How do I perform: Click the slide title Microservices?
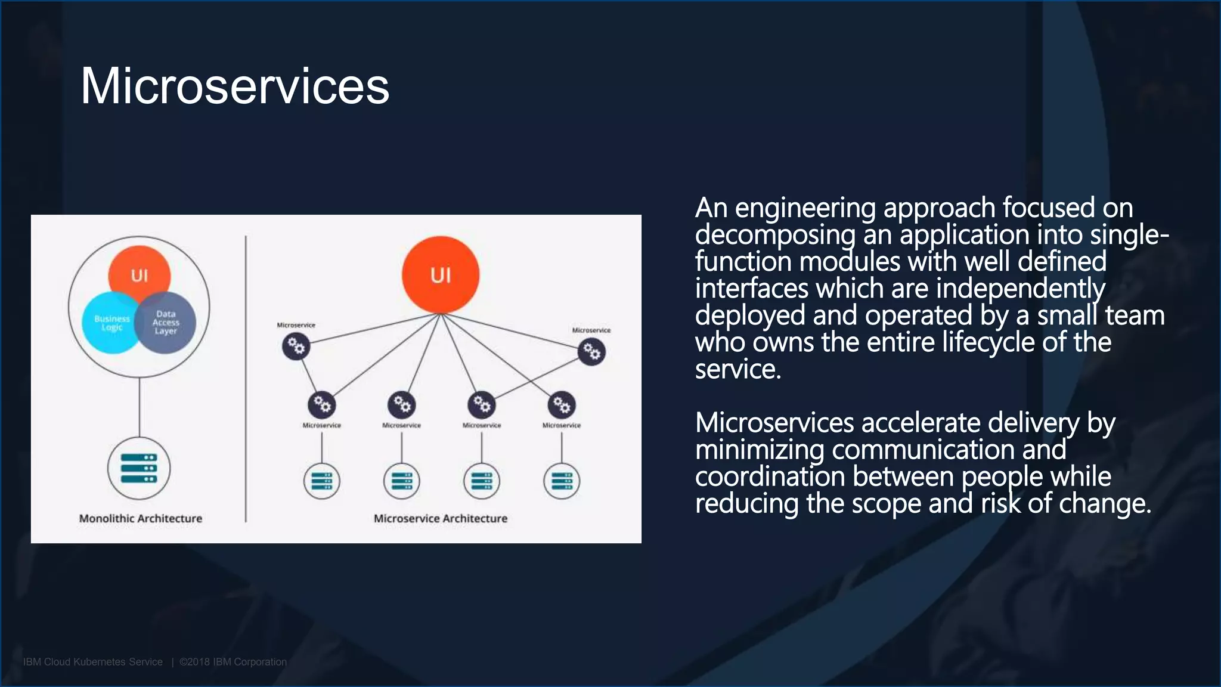click(x=235, y=86)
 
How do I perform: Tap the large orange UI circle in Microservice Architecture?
click(x=441, y=275)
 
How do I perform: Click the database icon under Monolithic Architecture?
click(x=139, y=468)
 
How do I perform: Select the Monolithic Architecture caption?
click(x=141, y=518)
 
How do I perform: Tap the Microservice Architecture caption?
click(x=441, y=518)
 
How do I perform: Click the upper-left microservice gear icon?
click(x=296, y=346)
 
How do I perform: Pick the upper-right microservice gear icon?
click(x=591, y=352)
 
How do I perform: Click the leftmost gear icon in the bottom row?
click(x=322, y=405)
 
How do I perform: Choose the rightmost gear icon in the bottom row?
click(x=562, y=406)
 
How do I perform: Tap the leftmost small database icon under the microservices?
click(x=322, y=481)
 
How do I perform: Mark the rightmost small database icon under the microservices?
click(x=562, y=481)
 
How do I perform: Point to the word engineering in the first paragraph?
click(x=805, y=209)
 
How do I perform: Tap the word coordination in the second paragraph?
click(x=770, y=476)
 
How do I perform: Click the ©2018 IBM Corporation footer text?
click(x=233, y=662)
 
